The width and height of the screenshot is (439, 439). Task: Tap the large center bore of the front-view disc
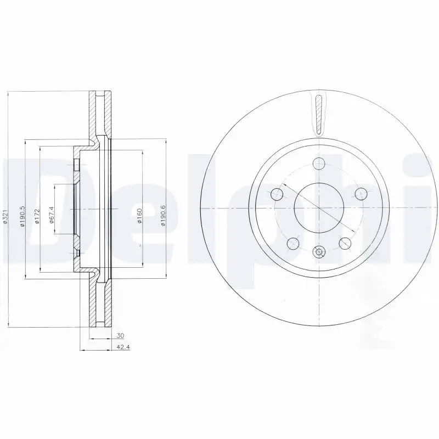318,208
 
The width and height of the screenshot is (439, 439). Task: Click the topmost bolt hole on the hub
318,163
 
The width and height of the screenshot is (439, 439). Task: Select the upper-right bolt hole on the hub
361,194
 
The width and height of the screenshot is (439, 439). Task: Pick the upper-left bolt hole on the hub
277,194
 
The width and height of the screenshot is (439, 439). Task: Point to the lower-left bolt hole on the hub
292,243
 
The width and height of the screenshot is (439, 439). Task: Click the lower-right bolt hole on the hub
344,243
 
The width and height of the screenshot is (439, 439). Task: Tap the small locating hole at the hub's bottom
318,252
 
